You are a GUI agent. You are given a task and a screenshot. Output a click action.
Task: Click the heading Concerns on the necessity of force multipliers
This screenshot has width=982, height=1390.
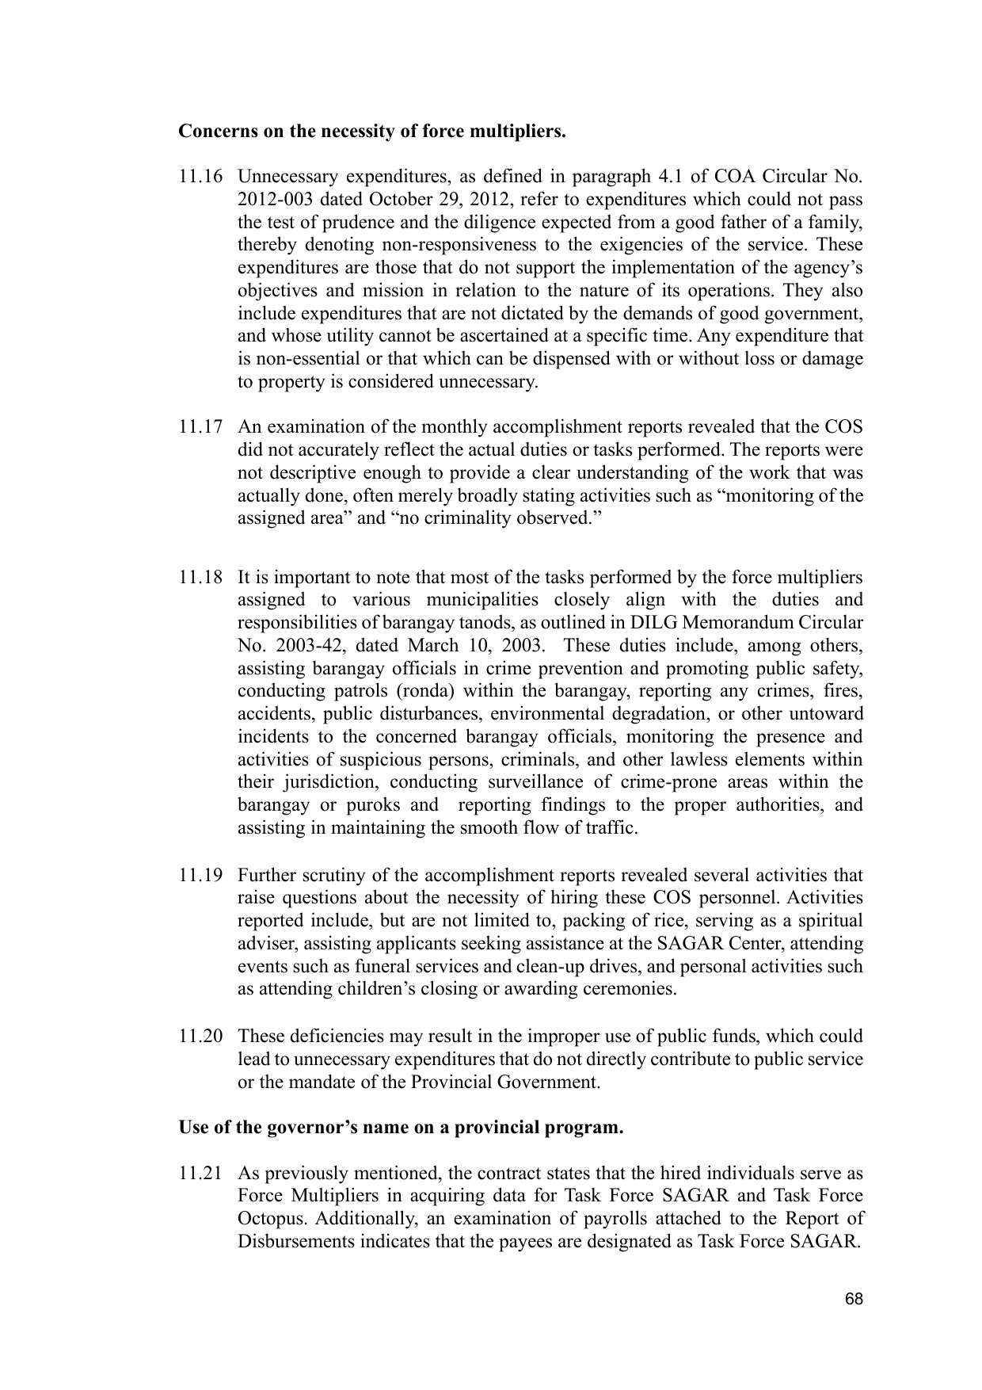click(372, 131)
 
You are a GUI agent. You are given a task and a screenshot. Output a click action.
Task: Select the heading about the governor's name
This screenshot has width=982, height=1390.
click(401, 1128)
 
